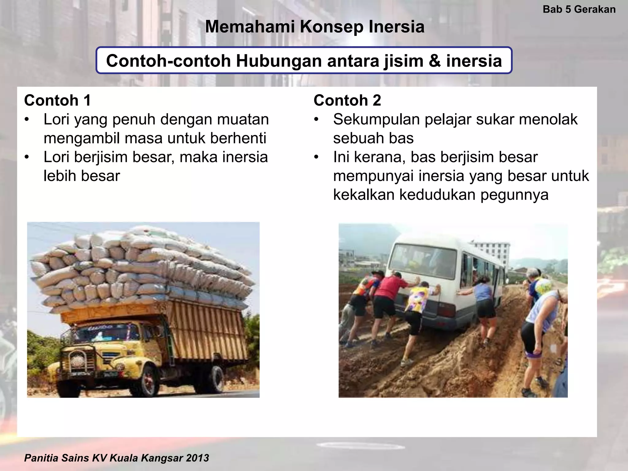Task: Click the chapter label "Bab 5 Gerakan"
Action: point(579,9)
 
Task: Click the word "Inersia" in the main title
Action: point(396,27)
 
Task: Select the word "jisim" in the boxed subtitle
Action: point(402,60)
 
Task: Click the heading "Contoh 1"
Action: point(57,100)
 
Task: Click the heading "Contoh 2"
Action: point(347,100)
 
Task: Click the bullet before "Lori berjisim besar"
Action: point(27,157)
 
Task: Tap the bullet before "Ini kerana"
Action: point(316,157)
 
